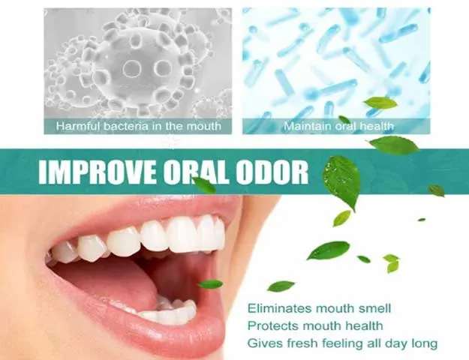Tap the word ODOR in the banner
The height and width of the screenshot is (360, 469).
pyautogui.click(x=272, y=172)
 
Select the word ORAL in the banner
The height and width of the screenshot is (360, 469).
pyautogui.click(x=197, y=172)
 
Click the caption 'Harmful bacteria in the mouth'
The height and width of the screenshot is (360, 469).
pyautogui.click(x=139, y=126)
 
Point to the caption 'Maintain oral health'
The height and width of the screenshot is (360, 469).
pyautogui.click(x=338, y=126)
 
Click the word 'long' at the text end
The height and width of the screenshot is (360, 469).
pyautogui.click(x=425, y=343)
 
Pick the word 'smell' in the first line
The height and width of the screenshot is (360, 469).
pyautogui.click(x=375, y=308)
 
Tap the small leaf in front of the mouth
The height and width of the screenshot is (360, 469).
pyautogui.click(x=211, y=283)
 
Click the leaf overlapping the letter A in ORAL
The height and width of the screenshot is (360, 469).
pyautogui.click(x=204, y=185)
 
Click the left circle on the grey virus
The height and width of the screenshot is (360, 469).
pyautogui.click(x=131, y=68)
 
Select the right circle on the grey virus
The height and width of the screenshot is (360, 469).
pyautogui.click(x=163, y=68)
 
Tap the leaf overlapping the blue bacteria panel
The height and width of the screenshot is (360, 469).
pyautogui.click(x=380, y=103)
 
